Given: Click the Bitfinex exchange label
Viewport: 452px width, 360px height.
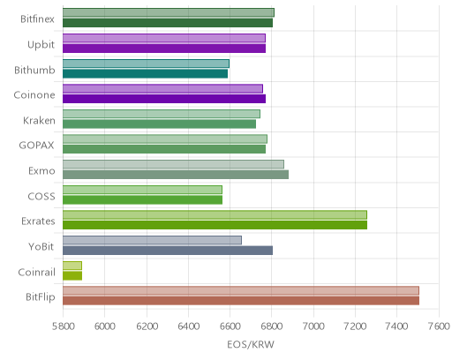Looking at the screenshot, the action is (37, 19).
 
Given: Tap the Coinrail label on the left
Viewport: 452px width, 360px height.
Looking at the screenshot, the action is (36, 273).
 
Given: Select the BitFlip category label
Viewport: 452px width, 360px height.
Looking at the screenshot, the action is (41, 297).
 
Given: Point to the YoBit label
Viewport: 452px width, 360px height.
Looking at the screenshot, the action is (41, 246).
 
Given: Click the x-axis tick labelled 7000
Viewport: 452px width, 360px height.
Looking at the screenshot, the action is (313, 326).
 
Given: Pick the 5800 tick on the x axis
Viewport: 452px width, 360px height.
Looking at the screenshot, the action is (63, 326).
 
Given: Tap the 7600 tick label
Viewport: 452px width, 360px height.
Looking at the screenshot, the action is (439, 326).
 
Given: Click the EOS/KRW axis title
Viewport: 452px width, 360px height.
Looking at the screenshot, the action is (251, 344).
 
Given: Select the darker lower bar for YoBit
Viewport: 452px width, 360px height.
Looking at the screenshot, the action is (168, 251).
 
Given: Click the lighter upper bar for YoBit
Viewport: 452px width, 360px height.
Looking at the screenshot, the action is (152, 240).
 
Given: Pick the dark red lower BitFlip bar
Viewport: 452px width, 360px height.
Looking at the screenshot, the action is (241, 301).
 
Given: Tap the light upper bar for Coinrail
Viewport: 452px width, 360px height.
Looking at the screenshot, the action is (72, 266).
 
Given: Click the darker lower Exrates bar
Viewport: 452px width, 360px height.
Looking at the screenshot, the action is (215, 225).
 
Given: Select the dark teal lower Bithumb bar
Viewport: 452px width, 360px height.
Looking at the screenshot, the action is (145, 74).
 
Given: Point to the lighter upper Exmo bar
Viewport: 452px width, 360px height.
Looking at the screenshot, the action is (173, 164).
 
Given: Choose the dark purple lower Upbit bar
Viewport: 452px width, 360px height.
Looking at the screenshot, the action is (164, 49).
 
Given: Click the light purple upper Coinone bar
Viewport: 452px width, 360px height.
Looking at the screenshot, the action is (162, 88).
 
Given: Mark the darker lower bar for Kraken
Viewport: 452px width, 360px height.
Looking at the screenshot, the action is (159, 124).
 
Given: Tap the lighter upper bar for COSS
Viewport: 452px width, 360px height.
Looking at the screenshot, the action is (142, 190).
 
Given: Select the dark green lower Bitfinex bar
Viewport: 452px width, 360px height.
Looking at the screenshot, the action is (168, 23).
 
